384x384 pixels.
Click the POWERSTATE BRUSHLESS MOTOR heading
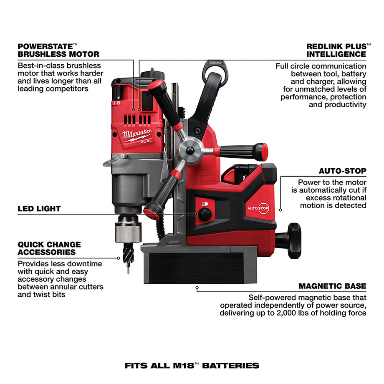58,50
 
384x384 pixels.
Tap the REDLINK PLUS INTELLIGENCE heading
336,50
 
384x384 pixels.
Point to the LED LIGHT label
39,208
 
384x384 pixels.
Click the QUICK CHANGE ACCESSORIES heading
49,248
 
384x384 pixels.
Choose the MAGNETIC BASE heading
332,286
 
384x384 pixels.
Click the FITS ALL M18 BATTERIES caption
192,365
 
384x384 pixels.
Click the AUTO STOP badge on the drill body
258,207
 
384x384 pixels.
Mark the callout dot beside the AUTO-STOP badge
280,210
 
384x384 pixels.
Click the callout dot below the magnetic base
197,287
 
